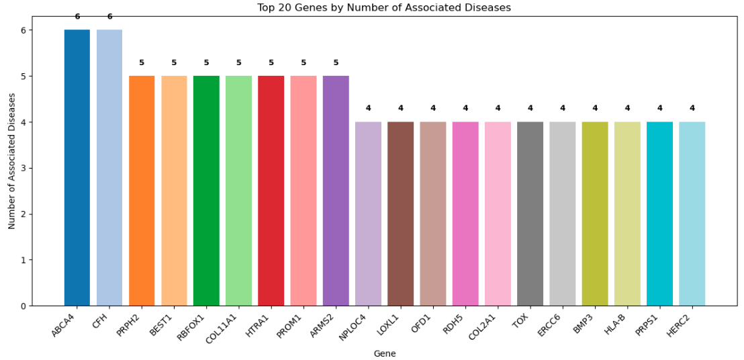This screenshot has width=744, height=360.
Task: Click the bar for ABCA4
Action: (77, 168)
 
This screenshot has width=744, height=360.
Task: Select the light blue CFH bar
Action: (109, 168)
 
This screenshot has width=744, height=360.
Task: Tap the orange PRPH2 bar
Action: (142, 191)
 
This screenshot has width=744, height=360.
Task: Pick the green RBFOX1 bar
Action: (206, 191)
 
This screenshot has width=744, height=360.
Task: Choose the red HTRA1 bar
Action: (271, 191)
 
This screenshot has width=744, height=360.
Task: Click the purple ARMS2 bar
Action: (336, 191)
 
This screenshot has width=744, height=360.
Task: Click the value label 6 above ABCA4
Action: (77, 17)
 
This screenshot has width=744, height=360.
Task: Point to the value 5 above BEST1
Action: (174, 62)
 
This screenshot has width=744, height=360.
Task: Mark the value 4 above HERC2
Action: (692, 108)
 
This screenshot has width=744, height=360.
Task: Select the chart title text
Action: (384, 7)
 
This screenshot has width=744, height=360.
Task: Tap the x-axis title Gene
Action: (385, 353)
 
